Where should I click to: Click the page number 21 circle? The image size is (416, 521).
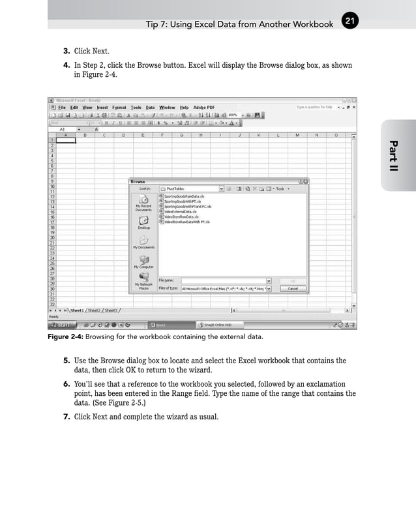[349, 22]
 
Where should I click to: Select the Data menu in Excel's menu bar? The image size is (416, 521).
[150, 107]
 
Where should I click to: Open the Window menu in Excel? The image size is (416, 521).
[167, 107]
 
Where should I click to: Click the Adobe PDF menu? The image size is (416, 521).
[204, 107]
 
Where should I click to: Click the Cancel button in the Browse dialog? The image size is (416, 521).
[293, 288]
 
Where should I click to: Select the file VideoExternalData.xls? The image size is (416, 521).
[180, 212]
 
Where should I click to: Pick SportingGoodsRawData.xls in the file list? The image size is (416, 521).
[184, 196]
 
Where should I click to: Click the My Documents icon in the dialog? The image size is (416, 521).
[143, 243]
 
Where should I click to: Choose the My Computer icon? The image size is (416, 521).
[143, 262]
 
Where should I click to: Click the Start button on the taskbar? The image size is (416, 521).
[63, 324]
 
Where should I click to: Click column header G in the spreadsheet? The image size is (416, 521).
[181, 135]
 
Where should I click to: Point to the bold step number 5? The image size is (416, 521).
[67, 360]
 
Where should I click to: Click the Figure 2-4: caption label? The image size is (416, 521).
[65, 337]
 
